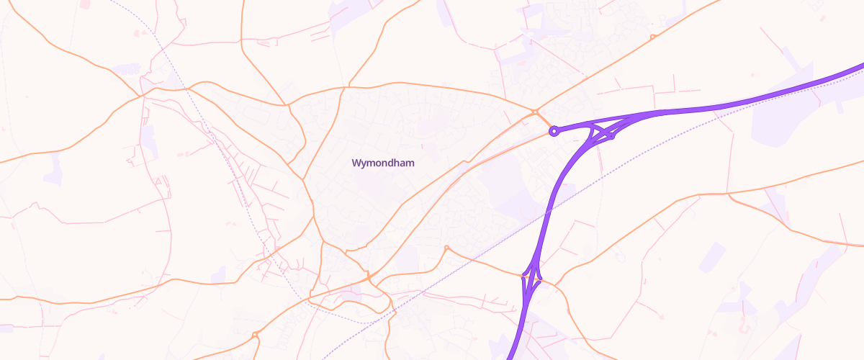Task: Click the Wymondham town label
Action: click(x=382, y=163)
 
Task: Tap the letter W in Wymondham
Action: click(x=356, y=163)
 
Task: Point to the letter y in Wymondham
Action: click(x=364, y=164)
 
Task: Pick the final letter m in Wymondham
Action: click(x=409, y=163)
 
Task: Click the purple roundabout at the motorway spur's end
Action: click(x=554, y=131)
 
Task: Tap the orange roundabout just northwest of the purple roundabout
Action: click(x=534, y=112)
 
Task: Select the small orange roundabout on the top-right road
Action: click(x=652, y=37)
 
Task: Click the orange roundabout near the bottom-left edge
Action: click(x=256, y=334)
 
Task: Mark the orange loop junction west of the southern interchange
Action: click(x=446, y=248)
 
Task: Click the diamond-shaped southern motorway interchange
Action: click(x=532, y=277)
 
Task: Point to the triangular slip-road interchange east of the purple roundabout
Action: click(x=602, y=132)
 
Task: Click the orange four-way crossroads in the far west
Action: click(x=143, y=94)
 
